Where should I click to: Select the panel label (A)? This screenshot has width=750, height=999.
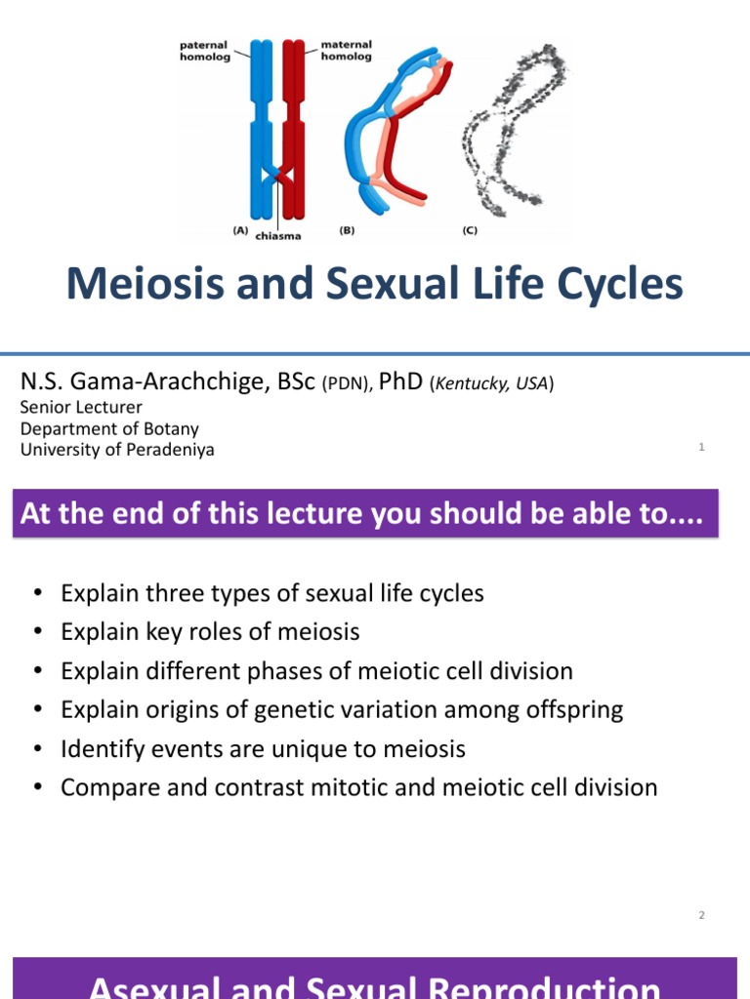coord(240,231)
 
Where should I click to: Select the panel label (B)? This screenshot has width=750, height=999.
coord(347,231)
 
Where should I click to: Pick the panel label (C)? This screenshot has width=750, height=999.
coord(469,231)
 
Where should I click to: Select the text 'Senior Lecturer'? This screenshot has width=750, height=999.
coord(81,407)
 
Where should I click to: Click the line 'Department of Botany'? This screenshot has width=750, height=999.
coord(109,428)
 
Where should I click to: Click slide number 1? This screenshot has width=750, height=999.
coord(701,447)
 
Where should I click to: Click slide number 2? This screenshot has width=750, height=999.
coord(701,914)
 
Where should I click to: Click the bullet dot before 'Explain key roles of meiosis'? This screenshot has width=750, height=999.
coord(36,632)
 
